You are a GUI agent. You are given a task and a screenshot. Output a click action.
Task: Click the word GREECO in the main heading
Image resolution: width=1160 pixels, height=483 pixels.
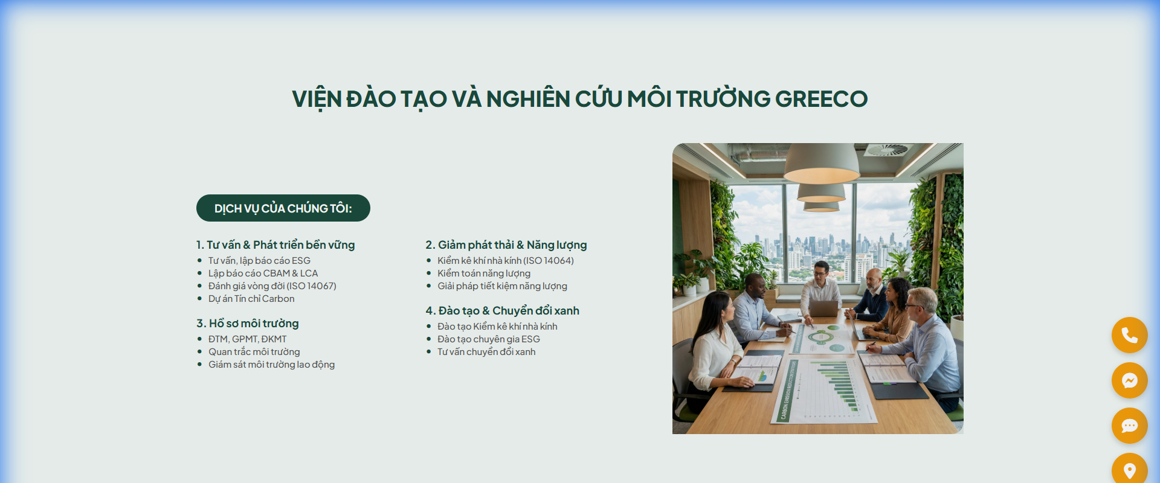[821, 99]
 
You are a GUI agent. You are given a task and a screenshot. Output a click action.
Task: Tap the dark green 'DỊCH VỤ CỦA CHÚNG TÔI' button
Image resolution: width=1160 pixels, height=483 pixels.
[283, 208]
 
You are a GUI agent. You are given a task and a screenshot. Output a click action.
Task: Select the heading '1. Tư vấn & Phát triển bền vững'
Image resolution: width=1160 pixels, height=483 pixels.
[275, 245]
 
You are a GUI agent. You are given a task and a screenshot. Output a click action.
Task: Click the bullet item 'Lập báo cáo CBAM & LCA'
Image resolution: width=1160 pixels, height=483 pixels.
[263, 273]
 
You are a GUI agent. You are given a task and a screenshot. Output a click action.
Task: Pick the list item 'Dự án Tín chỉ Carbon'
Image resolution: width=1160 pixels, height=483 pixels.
[251, 299]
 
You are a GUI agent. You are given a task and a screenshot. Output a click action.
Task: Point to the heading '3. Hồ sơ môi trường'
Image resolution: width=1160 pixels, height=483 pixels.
[248, 324]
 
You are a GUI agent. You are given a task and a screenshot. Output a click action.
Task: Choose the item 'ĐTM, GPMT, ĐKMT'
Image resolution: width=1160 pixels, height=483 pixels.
[247, 339]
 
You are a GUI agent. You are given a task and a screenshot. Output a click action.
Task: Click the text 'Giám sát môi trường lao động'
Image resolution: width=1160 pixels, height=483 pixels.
[271, 365]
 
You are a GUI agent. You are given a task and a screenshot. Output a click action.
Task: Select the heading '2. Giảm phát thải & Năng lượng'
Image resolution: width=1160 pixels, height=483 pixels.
[506, 245]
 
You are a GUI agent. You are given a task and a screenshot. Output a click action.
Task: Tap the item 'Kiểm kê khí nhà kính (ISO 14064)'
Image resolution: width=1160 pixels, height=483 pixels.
[506, 261]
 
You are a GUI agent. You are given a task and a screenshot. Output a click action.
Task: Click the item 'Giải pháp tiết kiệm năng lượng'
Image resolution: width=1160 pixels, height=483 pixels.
[502, 286]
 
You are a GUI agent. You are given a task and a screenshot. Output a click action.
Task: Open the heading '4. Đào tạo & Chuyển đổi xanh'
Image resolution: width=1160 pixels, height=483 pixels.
[502, 311]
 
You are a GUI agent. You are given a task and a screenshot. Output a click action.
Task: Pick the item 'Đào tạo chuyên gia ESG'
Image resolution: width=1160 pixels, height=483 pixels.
[488, 339]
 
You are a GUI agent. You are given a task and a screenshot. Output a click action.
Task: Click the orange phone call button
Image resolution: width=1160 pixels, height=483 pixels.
[1129, 335]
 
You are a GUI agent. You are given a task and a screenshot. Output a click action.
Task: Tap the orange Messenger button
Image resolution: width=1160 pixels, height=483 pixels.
[1129, 380]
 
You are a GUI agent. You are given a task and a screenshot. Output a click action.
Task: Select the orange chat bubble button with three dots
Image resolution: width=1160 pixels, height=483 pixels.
[1129, 426]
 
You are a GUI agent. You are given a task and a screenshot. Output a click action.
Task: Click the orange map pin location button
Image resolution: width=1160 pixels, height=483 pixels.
[1129, 469]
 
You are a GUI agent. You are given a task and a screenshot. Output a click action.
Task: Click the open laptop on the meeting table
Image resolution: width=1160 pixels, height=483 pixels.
[823, 309]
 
